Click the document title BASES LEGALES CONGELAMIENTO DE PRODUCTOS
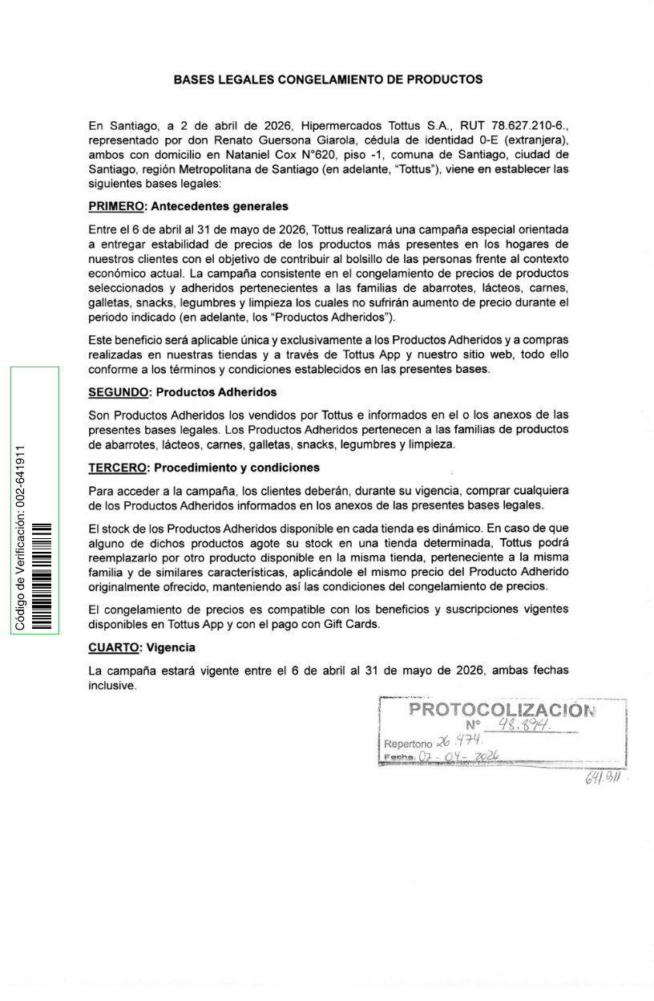click(328, 80)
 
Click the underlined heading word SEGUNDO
click(118, 393)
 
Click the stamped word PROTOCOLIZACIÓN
click(503, 711)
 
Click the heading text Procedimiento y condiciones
click(236, 468)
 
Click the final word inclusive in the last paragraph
click(111, 687)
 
